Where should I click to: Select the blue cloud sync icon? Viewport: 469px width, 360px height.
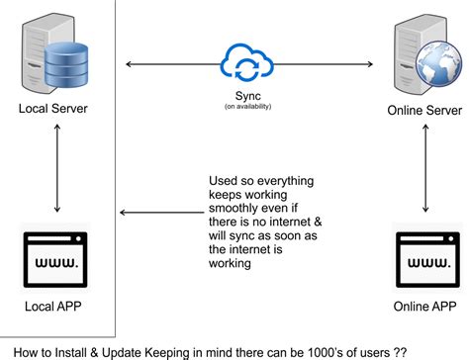point(243,64)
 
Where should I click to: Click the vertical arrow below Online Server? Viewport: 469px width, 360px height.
point(426,182)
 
